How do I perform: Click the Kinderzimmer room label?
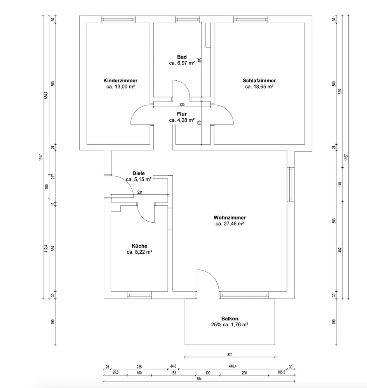point(120,80)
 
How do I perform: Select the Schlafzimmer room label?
point(259,80)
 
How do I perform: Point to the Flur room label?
point(182,114)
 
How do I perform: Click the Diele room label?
point(139,173)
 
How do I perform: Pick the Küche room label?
point(139,246)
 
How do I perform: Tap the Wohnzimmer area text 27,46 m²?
point(230,223)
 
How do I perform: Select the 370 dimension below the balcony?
point(230,354)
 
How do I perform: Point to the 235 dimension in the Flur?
point(182,104)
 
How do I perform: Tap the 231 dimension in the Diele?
point(140,192)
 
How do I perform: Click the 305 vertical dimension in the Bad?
point(199,60)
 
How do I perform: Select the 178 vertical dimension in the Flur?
point(199,123)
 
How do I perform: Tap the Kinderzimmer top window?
point(118,19)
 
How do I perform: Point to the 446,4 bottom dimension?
point(233,366)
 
